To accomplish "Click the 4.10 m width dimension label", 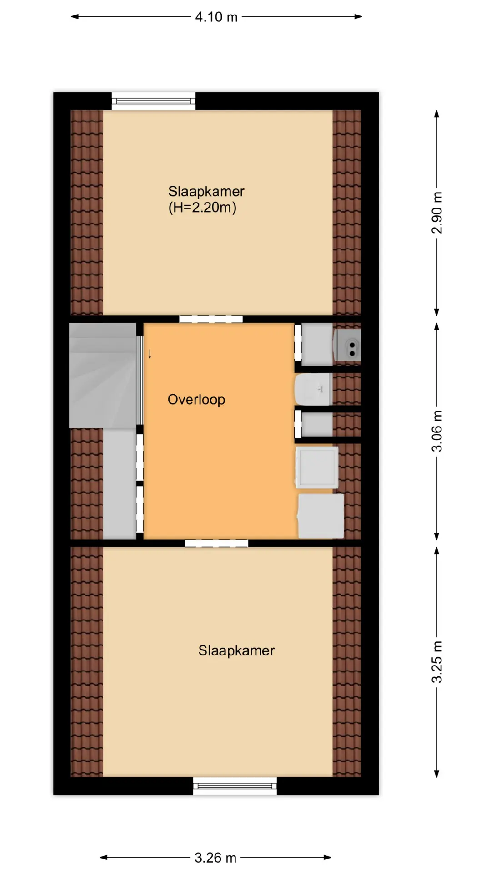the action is click(216, 17).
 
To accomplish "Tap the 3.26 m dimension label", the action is click(215, 858).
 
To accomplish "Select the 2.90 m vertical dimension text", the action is click(436, 213).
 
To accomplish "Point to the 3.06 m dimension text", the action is click(436, 431).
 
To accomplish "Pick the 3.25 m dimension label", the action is click(436, 662).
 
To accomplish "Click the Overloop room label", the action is click(196, 400).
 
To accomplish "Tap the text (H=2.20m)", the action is click(202, 208).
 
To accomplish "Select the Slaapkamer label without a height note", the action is click(236, 650).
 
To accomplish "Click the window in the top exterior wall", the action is click(154, 101).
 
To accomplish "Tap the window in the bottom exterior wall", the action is click(235, 786).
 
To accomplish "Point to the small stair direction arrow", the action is click(150, 354).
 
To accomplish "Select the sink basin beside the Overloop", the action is click(313, 390).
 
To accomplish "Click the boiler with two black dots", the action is click(348, 345).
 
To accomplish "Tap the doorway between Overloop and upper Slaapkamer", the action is click(211, 319).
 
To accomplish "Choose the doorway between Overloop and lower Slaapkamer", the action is click(216, 543).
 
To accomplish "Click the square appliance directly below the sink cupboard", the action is click(317, 467).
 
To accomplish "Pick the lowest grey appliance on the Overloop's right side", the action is click(321, 516).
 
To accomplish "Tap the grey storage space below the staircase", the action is click(120, 484).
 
